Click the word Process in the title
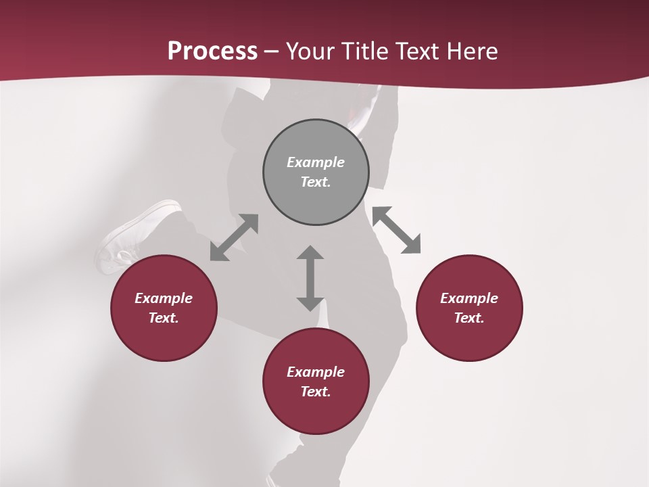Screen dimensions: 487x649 point(212,51)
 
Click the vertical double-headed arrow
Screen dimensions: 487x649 point(310,278)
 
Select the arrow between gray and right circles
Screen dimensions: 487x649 point(397,230)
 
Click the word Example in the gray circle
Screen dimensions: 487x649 point(316,162)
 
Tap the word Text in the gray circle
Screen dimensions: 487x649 point(316,182)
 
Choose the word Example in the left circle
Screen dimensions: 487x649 point(164,298)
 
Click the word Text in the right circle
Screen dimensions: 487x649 point(469,318)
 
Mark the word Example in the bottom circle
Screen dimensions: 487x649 point(316,372)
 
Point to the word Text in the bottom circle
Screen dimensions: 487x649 point(316,392)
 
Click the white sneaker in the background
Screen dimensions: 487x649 point(135,233)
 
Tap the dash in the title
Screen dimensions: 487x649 point(272,51)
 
